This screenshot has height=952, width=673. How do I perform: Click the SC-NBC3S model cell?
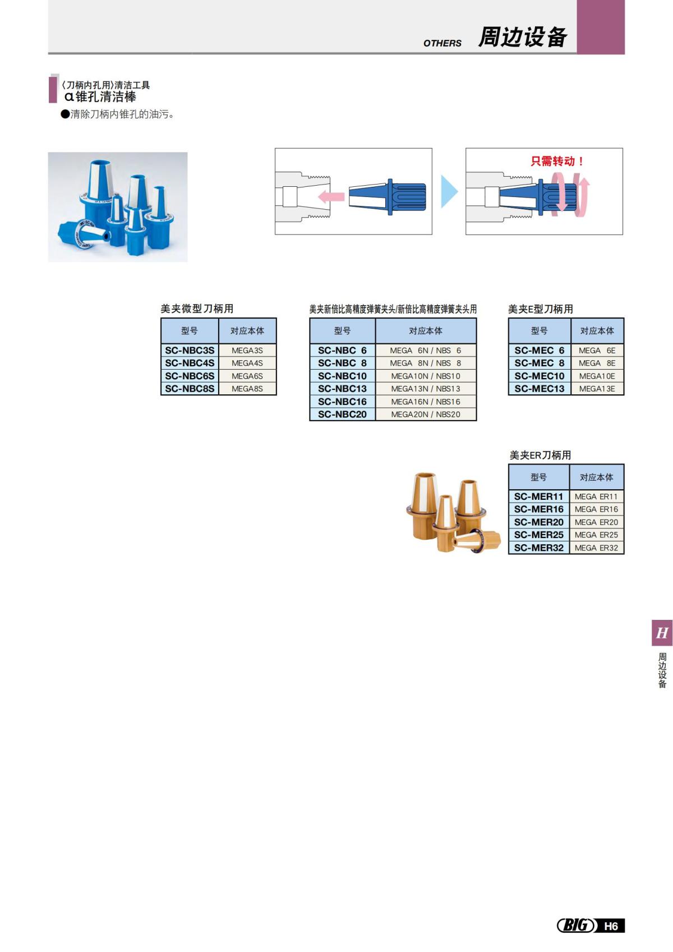coord(190,350)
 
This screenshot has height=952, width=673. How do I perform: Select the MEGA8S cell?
coord(247,389)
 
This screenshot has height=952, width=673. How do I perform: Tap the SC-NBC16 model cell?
coord(342,402)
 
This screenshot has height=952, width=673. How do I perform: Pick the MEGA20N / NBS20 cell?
coord(425,415)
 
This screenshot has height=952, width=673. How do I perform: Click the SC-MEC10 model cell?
coord(540,376)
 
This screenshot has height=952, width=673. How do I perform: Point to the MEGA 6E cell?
coord(597,350)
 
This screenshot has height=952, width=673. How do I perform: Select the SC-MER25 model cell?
coord(538,535)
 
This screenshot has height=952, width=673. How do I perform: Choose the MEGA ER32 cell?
coord(596,548)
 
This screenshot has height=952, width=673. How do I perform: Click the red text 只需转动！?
coord(557,161)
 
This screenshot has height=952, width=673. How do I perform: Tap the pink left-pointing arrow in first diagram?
coord(331,196)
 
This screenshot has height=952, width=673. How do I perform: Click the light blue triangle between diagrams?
coord(448,191)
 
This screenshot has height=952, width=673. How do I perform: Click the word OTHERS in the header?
coord(442,43)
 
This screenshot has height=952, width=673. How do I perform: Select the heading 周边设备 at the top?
coord(522,37)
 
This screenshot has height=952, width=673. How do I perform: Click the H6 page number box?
coord(611,926)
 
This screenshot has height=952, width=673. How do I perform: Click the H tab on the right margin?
coord(662,633)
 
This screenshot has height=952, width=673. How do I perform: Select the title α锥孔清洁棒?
coord(100,96)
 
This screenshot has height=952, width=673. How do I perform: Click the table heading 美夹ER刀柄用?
coord(540,455)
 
